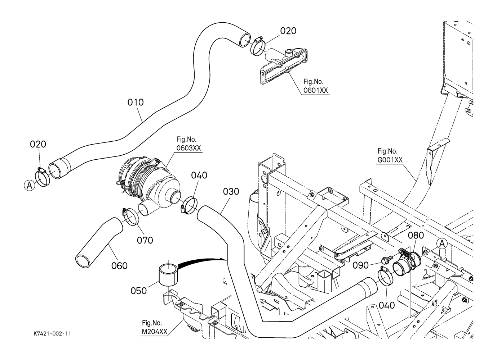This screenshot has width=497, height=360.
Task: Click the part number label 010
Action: click(136, 102)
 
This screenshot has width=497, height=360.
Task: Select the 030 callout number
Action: click(231, 192)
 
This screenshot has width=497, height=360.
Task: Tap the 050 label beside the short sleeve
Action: click(139, 291)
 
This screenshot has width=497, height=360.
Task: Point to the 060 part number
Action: click(119, 266)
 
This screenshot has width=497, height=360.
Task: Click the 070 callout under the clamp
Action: click(145, 240)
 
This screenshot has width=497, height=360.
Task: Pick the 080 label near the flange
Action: click(416, 236)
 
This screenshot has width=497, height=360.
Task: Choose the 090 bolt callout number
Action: click(360, 265)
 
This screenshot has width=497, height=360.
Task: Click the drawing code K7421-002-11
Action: click(50, 334)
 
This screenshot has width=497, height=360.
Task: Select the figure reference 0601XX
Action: click(316, 91)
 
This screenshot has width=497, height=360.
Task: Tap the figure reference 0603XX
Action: click(188, 148)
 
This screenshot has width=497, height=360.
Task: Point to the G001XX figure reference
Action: click(390, 160)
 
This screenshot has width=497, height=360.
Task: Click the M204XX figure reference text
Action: click(154, 332)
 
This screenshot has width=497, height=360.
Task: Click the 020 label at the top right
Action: click(288, 31)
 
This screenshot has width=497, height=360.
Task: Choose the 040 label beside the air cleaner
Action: click(199, 176)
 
